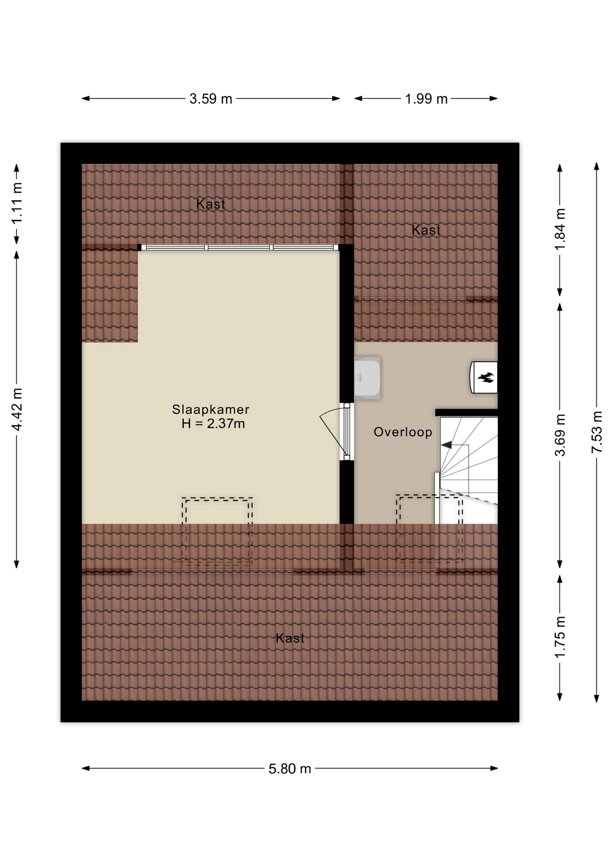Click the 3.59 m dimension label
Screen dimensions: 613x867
[x=211, y=98]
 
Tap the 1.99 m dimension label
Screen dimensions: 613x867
[x=426, y=98]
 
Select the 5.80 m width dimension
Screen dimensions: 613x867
[x=290, y=768]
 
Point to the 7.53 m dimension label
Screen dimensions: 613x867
[x=597, y=432]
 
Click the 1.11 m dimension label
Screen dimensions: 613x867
[x=17, y=204]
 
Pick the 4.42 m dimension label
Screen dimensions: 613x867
[x=17, y=409]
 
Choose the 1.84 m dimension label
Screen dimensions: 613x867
[x=560, y=229]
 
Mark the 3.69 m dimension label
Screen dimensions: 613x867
[x=560, y=435]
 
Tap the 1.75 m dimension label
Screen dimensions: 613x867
[x=560, y=637]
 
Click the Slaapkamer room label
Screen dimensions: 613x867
[x=211, y=410]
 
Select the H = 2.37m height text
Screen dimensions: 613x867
[x=213, y=424]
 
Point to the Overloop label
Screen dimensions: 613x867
[x=403, y=432]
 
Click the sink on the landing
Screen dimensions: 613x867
[x=367, y=378]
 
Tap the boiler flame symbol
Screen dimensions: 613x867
[x=486, y=378]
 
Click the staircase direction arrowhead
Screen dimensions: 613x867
[x=446, y=445]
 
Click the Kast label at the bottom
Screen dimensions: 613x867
[x=290, y=638]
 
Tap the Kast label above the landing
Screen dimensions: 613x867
[x=426, y=230]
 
